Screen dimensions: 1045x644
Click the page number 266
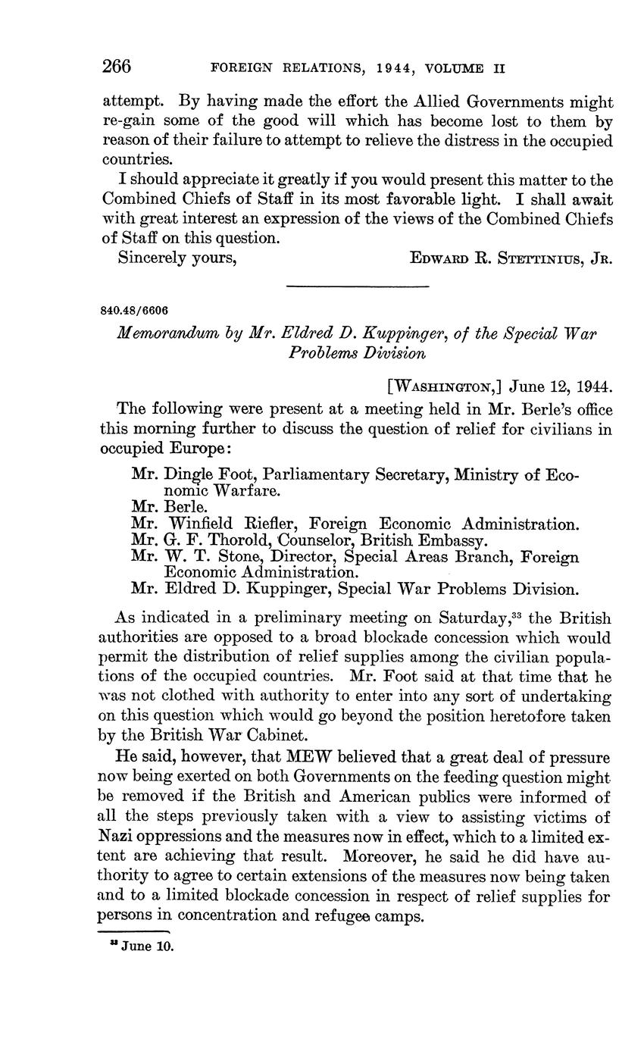[117, 67]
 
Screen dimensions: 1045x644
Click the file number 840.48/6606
[134, 311]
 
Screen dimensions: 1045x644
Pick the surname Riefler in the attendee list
[273, 524]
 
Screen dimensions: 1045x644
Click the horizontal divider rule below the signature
[357, 286]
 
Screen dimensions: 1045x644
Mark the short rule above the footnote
[134, 931]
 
